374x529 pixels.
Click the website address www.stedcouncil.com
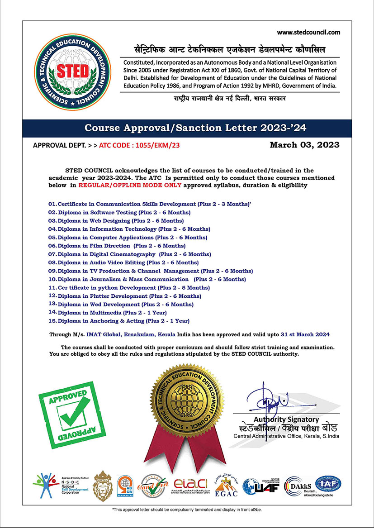tap(308, 32)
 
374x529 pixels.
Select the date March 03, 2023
tap(304, 145)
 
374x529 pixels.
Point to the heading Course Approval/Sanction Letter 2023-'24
tap(195, 128)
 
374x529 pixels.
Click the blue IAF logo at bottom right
tap(328, 485)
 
